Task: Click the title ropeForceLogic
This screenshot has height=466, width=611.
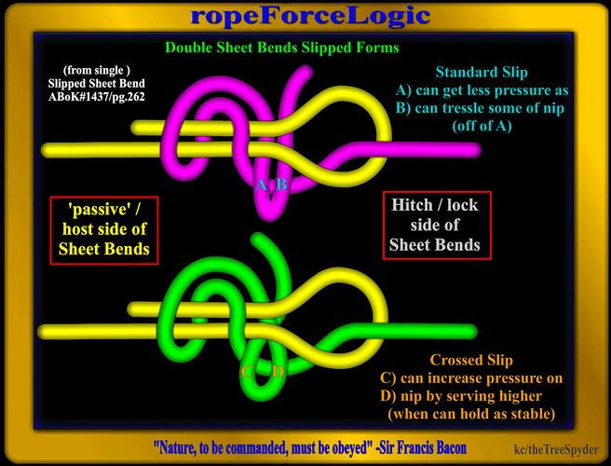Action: coord(310,16)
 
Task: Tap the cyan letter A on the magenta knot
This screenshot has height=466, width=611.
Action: coord(262,185)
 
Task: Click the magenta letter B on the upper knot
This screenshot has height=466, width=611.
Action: coord(281,185)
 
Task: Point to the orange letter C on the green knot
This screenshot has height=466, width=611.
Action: coord(248,373)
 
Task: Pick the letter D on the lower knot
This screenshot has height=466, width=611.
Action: coord(278,373)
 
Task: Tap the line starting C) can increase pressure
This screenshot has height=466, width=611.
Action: coord(483,377)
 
